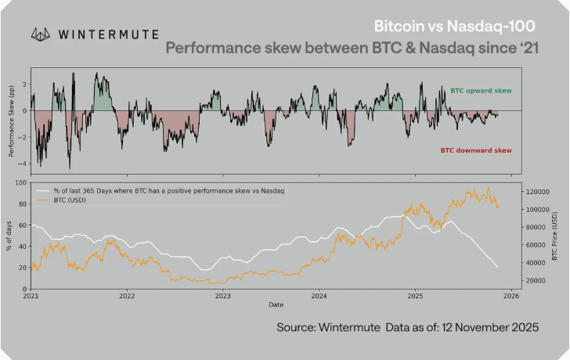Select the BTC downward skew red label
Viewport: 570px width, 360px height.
click(x=475, y=149)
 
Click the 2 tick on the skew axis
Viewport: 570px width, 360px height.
click(x=25, y=84)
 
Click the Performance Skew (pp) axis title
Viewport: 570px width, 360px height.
click(x=11, y=121)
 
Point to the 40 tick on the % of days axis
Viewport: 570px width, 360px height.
click(x=22, y=247)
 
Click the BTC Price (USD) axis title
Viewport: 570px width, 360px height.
click(x=555, y=236)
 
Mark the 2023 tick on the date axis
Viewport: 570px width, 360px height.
click(x=223, y=297)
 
